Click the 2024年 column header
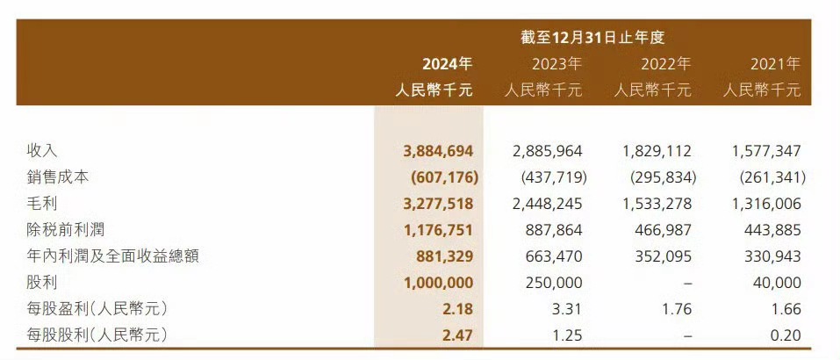tap(447, 63)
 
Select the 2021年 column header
tap(775, 63)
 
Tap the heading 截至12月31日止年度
tap(593, 37)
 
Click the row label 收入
tap(42, 151)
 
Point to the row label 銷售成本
tap(58, 177)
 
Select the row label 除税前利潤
tap(66, 230)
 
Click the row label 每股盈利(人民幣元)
tap(97, 309)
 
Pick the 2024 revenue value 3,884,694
tap(434, 151)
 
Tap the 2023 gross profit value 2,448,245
tap(547, 204)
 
